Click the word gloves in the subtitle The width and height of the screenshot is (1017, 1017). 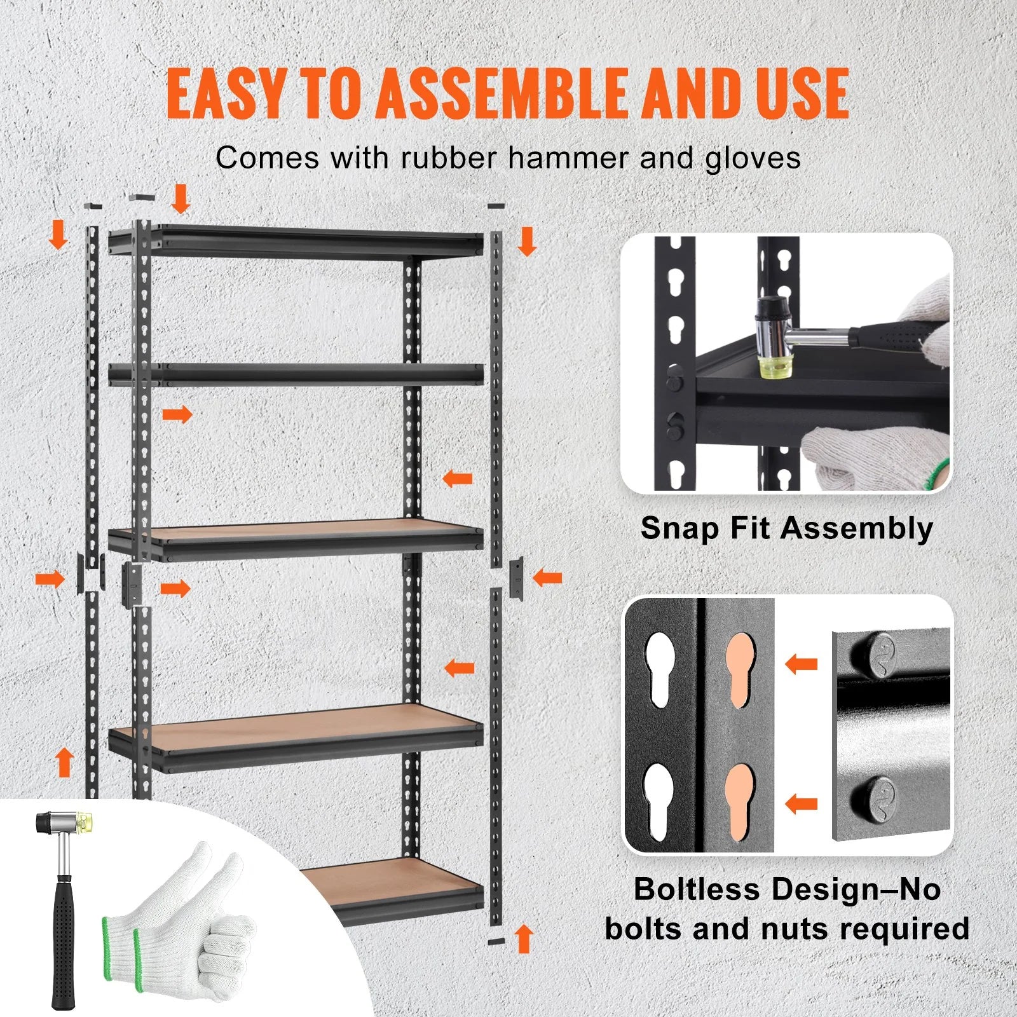click(x=753, y=158)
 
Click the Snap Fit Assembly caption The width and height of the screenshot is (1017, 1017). click(x=787, y=528)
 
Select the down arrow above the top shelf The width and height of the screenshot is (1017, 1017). click(x=181, y=198)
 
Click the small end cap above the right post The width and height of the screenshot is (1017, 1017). click(x=496, y=206)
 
